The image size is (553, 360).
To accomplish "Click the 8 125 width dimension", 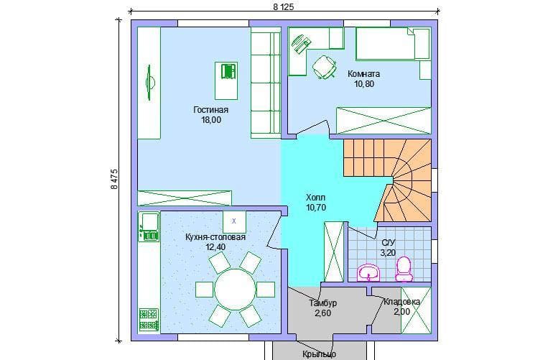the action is (283, 6).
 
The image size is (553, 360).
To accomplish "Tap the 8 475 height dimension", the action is (114, 180).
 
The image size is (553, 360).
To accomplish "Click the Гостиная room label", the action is (211, 110).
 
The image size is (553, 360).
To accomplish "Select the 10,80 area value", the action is (364, 84).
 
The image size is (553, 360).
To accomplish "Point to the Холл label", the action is (316, 198).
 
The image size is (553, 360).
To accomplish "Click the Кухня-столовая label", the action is (215, 237).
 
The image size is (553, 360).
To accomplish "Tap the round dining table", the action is (235, 290).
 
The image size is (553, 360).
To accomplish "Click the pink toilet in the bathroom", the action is (404, 269).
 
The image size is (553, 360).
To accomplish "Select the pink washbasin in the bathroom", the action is (368, 272).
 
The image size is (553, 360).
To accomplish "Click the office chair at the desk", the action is (324, 67).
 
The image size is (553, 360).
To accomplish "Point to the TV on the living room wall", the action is (150, 83).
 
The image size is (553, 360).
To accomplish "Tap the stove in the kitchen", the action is (149, 320).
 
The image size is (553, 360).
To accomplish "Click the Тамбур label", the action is (323, 303).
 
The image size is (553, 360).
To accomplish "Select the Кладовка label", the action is (401, 302).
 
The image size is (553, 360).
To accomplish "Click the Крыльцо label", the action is (319, 354).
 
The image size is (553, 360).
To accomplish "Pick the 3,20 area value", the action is (388, 253).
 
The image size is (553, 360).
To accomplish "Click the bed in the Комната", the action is (394, 44).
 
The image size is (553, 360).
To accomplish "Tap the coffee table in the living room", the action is (226, 80).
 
